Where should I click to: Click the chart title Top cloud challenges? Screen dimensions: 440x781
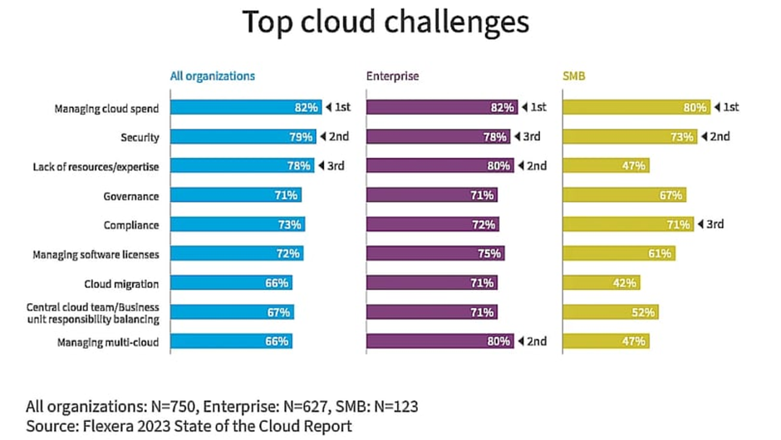pos(386,22)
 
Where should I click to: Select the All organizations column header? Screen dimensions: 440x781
pos(212,76)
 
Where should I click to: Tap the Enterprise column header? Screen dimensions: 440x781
pos(392,76)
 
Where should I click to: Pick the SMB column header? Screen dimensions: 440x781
pos(575,76)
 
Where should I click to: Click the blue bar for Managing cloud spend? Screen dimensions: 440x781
pos(245,108)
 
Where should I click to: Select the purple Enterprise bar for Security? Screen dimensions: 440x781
pos(438,137)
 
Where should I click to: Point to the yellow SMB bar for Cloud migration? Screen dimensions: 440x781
pos(602,283)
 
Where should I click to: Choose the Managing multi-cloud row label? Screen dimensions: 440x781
pos(107,341)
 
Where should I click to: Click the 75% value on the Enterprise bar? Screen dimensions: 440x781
pos(490,254)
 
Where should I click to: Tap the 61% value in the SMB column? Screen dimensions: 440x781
pos(660,254)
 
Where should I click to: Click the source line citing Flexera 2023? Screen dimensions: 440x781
pos(189,426)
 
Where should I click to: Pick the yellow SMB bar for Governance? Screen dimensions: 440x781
pos(625,196)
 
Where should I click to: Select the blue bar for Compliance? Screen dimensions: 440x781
pos(237,225)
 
